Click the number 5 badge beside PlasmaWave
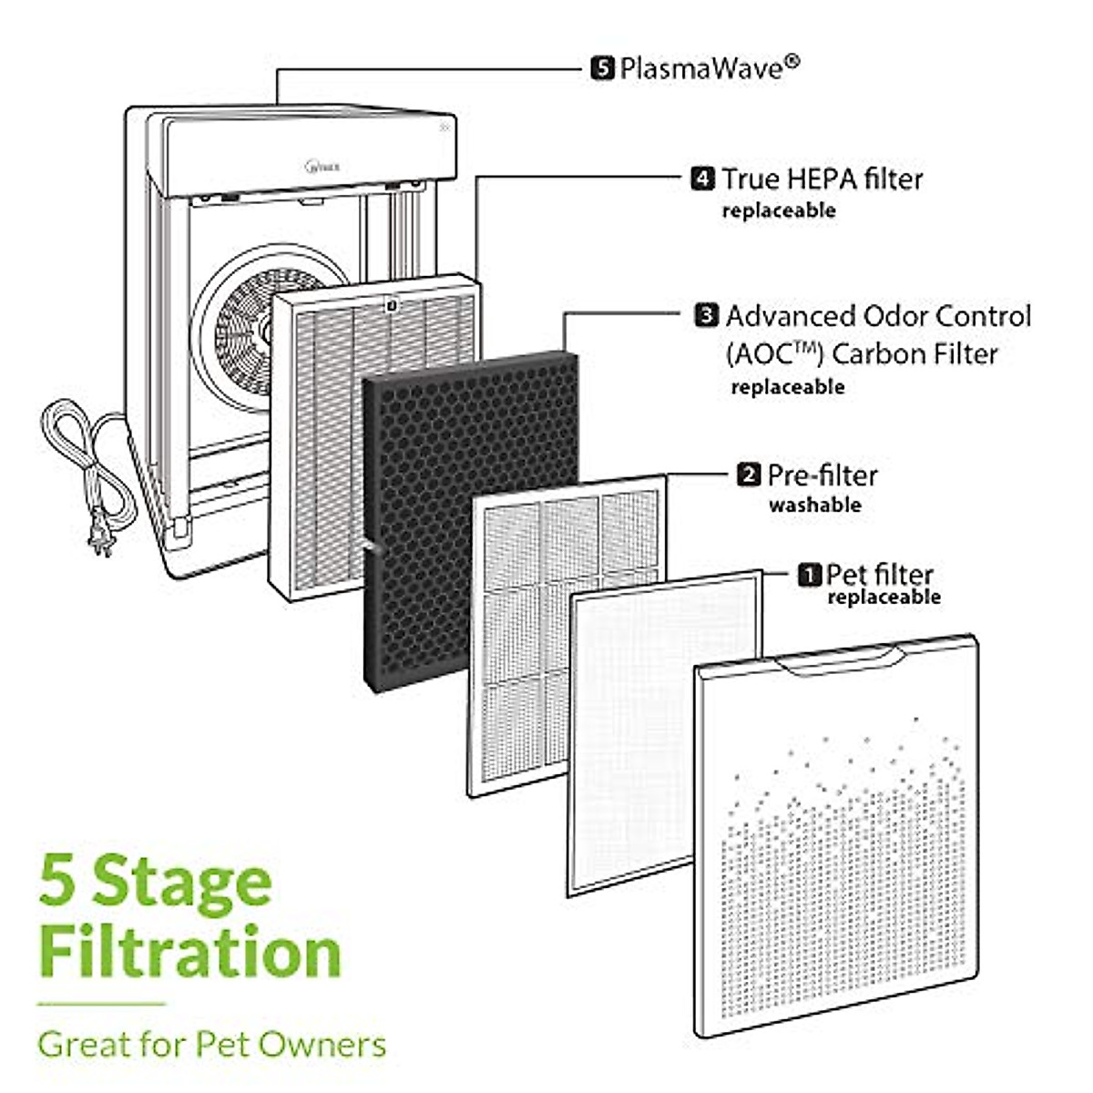coord(602,68)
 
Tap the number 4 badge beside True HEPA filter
coord(702,179)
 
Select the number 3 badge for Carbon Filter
coord(706,316)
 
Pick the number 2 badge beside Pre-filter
coord(748,475)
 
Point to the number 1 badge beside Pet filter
coord(809,575)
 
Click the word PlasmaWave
coord(701,68)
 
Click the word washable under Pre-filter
coord(814,505)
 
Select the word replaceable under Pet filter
coord(883,598)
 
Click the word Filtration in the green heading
coord(189,952)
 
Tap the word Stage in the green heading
coord(183,882)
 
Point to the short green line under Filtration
coord(101,1005)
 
